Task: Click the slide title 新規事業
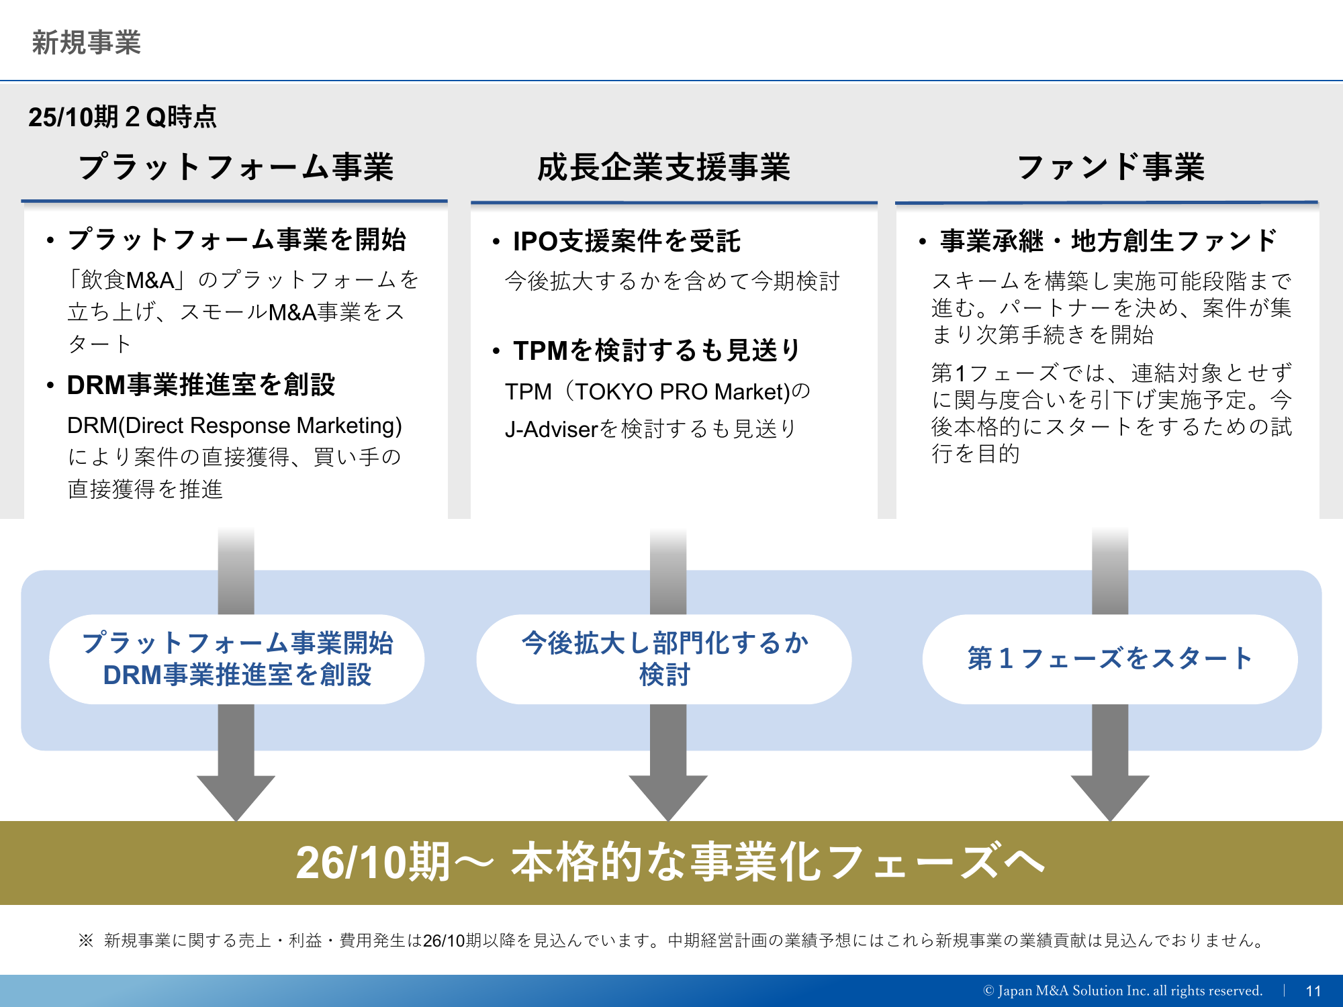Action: click(x=87, y=42)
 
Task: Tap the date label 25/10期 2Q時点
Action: click(x=122, y=117)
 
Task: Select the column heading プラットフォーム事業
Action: click(x=236, y=166)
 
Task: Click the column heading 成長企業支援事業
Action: click(x=663, y=167)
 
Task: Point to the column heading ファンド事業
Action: click(x=1111, y=166)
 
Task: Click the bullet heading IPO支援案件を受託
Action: click(x=627, y=241)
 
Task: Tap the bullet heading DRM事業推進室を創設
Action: click(x=201, y=385)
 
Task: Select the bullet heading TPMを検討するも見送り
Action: click(x=657, y=350)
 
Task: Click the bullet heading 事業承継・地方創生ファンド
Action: click(x=1108, y=240)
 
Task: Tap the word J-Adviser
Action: click(x=551, y=429)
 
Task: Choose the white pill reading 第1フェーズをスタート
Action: click(x=1110, y=659)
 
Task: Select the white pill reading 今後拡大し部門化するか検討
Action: click(x=664, y=659)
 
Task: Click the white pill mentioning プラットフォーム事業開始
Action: click(x=236, y=659)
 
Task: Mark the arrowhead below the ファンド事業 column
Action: click(x=1110, y=798)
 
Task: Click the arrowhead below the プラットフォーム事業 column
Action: click(x=236, y=798)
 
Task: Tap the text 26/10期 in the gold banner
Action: click(x=373, y=863)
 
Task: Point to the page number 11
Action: click(x=1313, y=991)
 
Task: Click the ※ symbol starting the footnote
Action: click(x=85, y=941)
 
